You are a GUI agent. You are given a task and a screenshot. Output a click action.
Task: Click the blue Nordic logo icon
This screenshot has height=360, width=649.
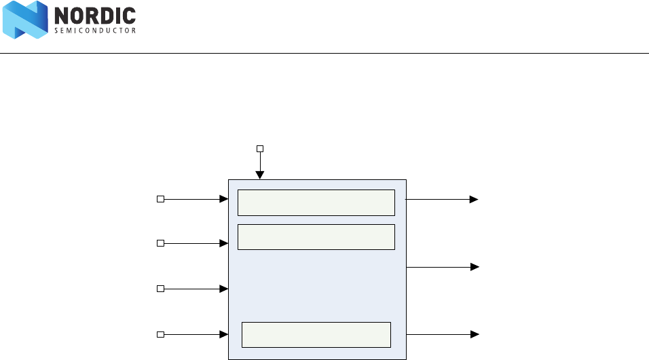(24, 20)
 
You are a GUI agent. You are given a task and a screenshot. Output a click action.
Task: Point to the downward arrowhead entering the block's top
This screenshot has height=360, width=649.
(260, 175)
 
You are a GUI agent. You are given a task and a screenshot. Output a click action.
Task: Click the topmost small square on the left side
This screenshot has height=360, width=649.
(160, 199)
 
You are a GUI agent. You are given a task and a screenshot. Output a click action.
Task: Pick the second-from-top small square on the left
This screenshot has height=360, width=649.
(160, 242)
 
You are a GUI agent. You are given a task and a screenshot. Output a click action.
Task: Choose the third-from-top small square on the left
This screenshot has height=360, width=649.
(160, 289)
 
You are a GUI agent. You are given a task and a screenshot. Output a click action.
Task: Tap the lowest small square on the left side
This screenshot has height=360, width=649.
(160, 334)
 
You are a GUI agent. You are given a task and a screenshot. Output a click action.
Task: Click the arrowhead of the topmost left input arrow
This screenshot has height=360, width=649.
(223, 199)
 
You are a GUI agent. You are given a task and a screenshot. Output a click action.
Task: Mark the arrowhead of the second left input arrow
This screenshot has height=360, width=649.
(223, 242)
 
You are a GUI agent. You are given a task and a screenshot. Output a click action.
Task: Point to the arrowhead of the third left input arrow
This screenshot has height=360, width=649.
(223, 289)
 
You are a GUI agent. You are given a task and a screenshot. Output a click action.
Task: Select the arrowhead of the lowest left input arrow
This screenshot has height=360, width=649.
(223, 334)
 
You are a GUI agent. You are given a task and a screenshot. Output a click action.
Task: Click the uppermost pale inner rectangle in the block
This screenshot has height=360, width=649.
(316, 202)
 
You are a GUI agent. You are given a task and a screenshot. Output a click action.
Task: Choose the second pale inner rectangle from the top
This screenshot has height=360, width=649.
(316, 237)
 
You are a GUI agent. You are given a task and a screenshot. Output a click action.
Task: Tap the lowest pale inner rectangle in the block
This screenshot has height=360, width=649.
(316, 335)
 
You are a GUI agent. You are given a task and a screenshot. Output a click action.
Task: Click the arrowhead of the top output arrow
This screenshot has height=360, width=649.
(475, 200)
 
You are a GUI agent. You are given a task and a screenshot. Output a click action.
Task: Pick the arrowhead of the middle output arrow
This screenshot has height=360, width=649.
(475, 267)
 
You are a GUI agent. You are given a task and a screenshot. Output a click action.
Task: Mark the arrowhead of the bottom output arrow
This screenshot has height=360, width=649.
(475, 334)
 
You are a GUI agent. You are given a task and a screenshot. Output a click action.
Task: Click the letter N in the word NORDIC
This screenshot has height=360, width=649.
(60, 16)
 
